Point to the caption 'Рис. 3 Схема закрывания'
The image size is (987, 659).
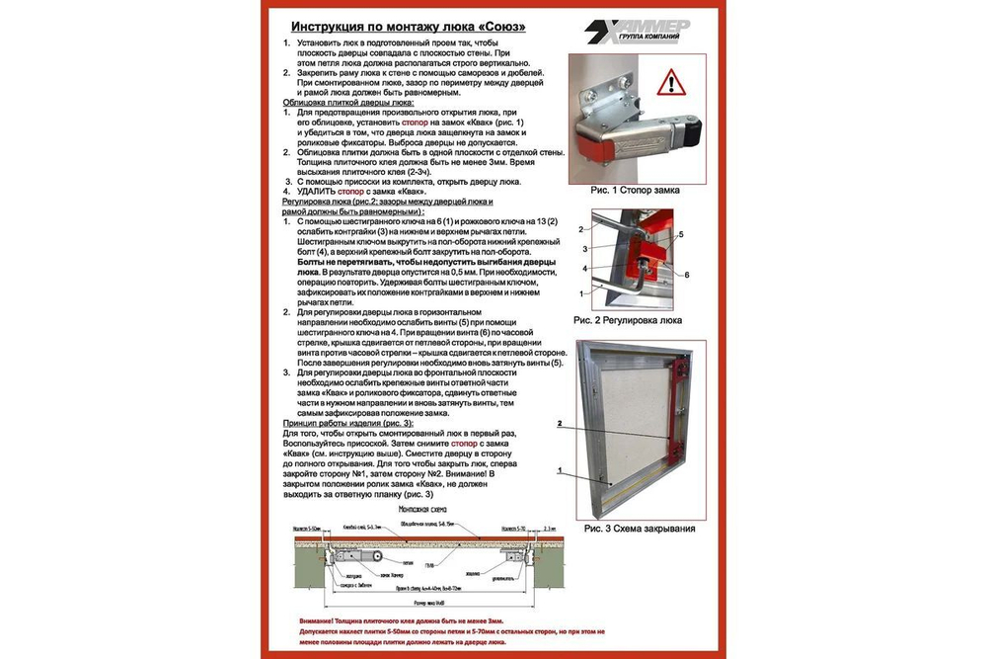coord(639,529)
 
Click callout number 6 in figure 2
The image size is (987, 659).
coord(686,274)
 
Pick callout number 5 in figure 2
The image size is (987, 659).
coord(680,235)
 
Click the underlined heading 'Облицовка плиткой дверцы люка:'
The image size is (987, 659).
coord(347,102)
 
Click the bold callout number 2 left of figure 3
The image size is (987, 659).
coord(559,424)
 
